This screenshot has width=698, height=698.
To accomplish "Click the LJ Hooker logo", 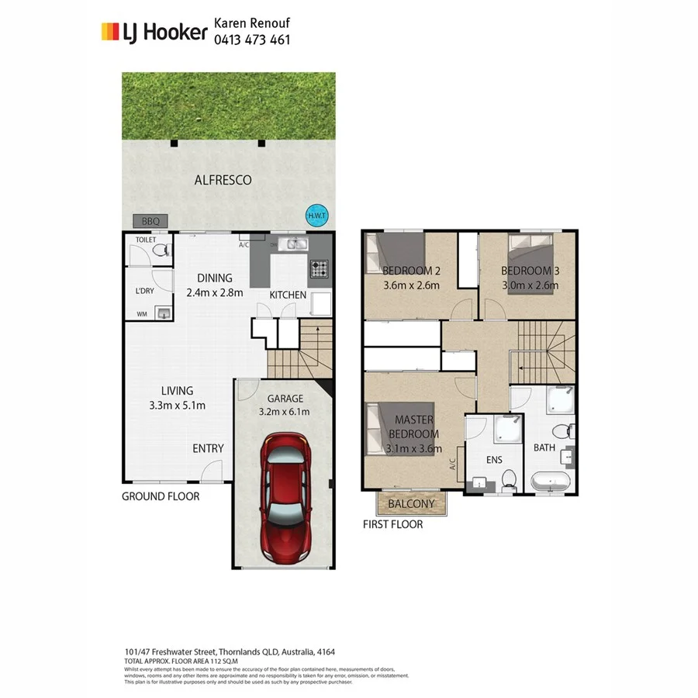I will (x=154, y=32).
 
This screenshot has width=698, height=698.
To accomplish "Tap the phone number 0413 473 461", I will (x=252, y=40).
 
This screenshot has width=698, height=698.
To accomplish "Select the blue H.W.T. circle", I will (x=316, y=216).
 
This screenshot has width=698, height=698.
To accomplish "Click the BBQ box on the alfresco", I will (x=150, y=222).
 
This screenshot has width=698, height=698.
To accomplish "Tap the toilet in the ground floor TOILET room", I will (x=159, y=252).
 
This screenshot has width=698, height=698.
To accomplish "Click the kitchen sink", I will (x=295, y=244).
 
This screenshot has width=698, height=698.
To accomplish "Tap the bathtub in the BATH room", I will (x=552, y=481).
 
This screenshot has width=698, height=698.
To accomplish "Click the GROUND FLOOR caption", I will (x=161, y=496).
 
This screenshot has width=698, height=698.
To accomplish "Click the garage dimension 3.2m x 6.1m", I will (x=284, y=412).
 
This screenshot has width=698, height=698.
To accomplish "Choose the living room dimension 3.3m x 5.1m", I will (x=177, y=406).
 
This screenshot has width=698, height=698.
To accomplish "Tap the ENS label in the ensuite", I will (x=494, y=460).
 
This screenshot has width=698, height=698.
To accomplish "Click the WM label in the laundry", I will (x=142, y=314).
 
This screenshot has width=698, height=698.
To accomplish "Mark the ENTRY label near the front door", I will (x=208, y=448).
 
